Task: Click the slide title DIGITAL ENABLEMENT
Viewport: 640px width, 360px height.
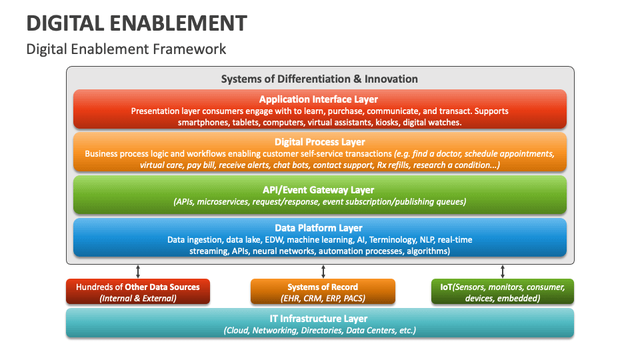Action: [x=137, y=23]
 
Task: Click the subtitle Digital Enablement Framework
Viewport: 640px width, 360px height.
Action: [x=126, y=49]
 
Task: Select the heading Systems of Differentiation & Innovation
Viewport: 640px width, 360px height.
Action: [x=319, y=79]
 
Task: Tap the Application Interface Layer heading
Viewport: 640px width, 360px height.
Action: [x=319, y=99]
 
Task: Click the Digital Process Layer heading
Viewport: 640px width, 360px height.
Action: [x=319, y=142]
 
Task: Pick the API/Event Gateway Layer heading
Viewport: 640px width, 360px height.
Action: [x=319, y=189]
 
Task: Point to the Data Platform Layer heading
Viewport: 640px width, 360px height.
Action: [x=319, y=228]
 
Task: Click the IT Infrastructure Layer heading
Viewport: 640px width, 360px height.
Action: [x=319, y=319]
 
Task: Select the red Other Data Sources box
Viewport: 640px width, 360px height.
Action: [x=138, y=292]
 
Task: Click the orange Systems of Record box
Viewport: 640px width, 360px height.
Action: [x=323, y=292]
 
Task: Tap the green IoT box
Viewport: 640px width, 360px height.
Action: [x=503, y=292]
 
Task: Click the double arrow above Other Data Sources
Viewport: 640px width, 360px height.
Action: [x=138, y=271]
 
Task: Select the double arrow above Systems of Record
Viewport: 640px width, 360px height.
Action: [x=323, y=271]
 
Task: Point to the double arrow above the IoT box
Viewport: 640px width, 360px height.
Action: [x=503, y=271]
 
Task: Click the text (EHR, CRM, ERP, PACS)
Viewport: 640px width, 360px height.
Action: [x=323, y=298]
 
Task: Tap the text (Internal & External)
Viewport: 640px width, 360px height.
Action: [x=138, y=298]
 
